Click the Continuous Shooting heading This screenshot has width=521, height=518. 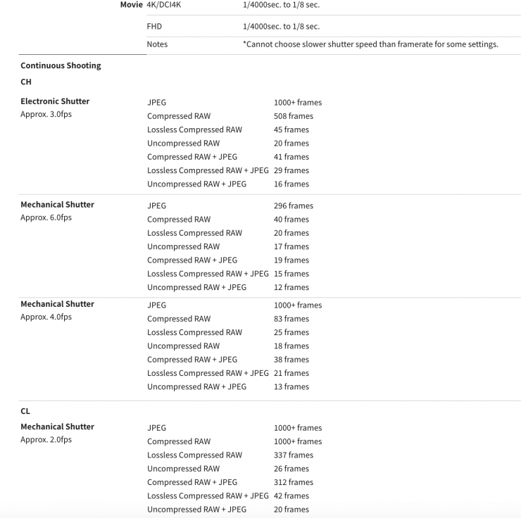[x=61, y=65]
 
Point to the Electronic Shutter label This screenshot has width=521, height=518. [x=55, y=101]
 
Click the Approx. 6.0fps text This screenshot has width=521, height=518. [x=46, y=217]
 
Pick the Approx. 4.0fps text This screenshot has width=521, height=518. [x=46, y=317]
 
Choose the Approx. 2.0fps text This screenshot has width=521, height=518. [x=46, y=440]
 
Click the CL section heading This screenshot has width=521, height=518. [x=26, y=411]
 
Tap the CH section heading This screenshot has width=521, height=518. [x=27, y=82]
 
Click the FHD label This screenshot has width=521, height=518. [x=155, y=26]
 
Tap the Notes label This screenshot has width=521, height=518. [x=157, y=44]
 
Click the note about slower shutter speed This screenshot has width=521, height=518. [x=370, y=44]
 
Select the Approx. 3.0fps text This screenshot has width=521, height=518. [x=46, y=115]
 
